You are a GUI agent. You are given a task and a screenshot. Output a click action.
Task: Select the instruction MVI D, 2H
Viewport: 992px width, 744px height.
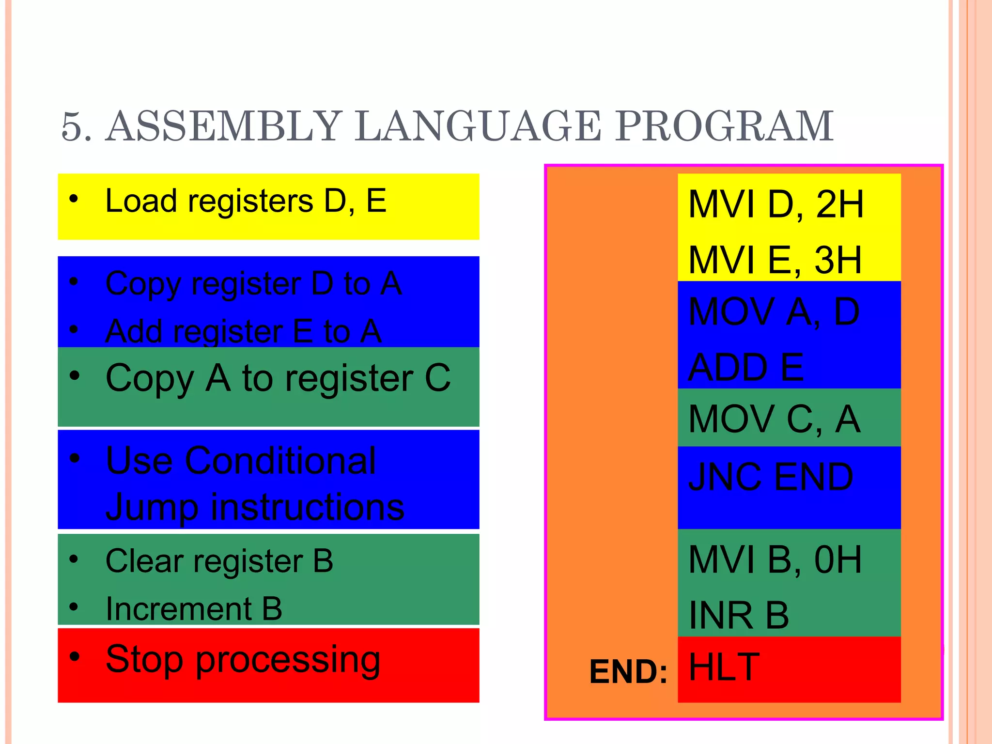(x=775, y=204)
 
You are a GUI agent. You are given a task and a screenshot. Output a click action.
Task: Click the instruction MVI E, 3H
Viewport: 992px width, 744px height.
(x=775, y=260)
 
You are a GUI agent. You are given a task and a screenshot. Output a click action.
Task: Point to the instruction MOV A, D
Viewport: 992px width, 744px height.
(x=774, y=312)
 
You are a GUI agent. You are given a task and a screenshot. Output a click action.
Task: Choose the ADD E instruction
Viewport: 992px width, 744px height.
(x=746, y=367)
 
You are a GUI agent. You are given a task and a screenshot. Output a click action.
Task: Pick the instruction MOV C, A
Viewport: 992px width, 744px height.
(x=774, y=419)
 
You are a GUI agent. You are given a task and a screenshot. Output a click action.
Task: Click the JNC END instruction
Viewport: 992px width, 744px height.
(x=770, y=477)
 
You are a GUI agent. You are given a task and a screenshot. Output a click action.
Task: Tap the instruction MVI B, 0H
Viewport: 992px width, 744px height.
(x=775, y=560)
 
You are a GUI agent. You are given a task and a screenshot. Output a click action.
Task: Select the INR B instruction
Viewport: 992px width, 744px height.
(x=739, y=615)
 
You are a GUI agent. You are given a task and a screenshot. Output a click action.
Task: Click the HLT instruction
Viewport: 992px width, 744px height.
(x=724, y=667)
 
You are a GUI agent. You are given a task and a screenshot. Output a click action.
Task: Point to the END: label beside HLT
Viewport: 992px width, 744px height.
(x=628, y=672)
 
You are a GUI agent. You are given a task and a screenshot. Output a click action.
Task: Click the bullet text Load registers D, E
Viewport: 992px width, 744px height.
(x=246, y=201)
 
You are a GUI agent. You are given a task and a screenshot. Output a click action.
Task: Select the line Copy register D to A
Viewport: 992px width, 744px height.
(x=253, y=284)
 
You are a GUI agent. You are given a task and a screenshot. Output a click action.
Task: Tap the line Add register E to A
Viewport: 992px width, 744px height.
(x=243, y=332)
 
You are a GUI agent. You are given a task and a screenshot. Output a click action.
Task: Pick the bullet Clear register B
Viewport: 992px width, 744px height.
(x=219, y=561)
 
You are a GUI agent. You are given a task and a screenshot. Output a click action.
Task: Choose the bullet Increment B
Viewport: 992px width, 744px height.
(x=194, y=609)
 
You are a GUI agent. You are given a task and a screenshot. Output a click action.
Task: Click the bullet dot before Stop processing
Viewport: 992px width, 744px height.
(x=74, y=657)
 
